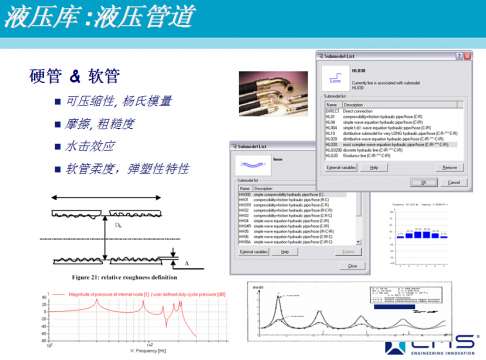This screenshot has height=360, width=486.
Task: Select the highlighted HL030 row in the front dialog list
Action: pyautogui.click(x=390, y=145)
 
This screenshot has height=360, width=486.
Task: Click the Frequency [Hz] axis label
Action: pyautogui.click(x=152, y=352)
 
